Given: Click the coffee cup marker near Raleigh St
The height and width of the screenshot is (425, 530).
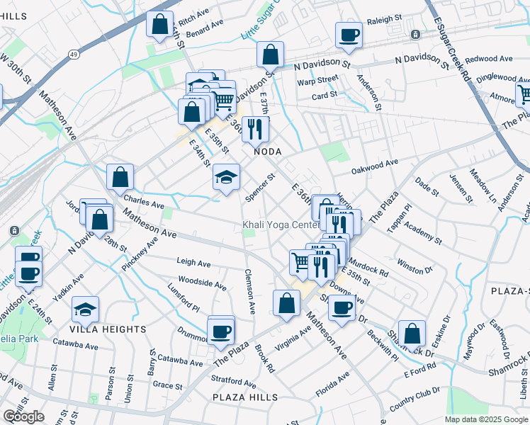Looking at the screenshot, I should [349, 35].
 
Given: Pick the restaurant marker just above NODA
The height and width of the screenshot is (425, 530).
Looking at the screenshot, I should [255, 128].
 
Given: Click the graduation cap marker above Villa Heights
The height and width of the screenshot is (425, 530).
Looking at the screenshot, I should [86, 309].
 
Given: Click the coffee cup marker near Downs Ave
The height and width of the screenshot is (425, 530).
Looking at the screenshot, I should [342, 308].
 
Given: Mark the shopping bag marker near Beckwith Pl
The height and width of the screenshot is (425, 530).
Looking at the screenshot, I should [412, 334].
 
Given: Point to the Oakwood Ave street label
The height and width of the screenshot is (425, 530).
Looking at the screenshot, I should [375, 167].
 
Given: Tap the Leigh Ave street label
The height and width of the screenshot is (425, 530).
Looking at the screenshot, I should [193, 263].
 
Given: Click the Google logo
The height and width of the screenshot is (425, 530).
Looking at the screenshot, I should [24, 416].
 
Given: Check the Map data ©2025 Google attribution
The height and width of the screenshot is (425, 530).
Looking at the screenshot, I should [486, 419].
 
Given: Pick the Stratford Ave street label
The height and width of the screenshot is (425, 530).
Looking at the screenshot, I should [234, 382].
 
